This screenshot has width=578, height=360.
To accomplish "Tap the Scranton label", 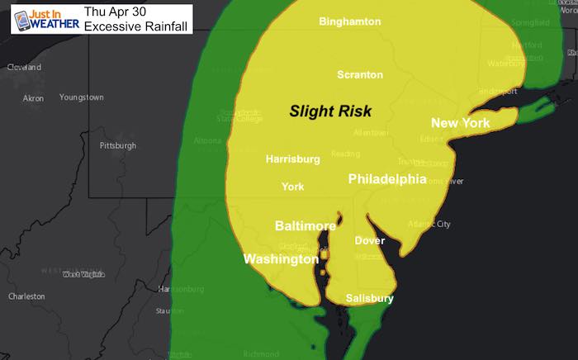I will [360, 75].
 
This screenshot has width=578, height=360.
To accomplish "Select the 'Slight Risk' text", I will [330, 110].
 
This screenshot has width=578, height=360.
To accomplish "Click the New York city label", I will [461, 123].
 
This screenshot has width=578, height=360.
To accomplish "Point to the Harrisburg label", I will [293, 159].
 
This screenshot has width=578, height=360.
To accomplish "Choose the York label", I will [293, 187].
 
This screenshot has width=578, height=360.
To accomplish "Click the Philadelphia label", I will [387, 179].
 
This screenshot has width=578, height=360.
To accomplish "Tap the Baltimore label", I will [305, 225].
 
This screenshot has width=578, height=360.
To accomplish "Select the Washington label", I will [281, 259].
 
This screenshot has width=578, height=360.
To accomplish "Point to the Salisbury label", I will [368, 298].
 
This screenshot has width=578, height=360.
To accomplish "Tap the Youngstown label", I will [82, 97].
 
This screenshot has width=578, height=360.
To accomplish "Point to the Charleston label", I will [26, 296].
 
